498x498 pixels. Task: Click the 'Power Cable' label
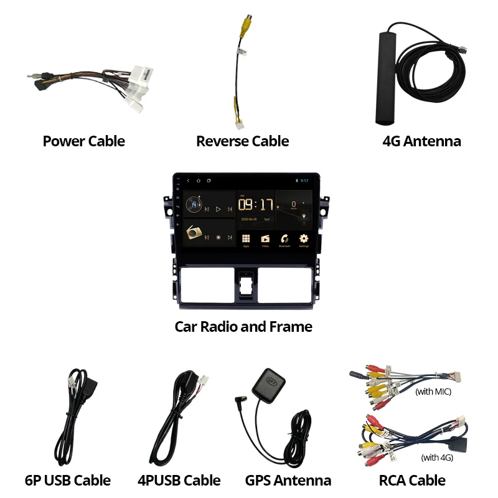83,141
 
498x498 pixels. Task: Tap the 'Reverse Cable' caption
242,141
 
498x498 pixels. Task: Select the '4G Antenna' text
421,141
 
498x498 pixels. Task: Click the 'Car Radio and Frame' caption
243,326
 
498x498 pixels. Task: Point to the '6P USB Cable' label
67,480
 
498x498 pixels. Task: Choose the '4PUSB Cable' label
179,480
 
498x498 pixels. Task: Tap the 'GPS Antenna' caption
288,480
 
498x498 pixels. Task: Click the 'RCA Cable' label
412,480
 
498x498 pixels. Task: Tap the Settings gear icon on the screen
304,238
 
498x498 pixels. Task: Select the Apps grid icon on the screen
246,238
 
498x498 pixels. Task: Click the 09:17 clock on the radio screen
256,205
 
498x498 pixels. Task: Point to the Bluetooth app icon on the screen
284,238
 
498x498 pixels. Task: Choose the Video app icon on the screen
265,238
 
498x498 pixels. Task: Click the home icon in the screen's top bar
198,181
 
